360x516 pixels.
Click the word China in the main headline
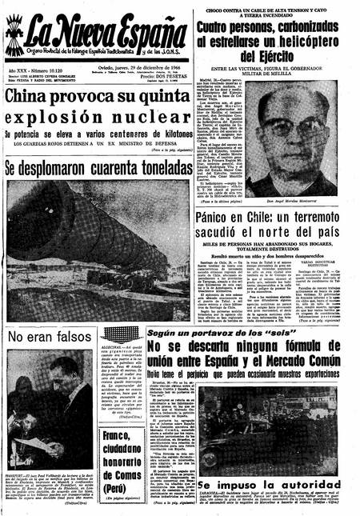(34, 98)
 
